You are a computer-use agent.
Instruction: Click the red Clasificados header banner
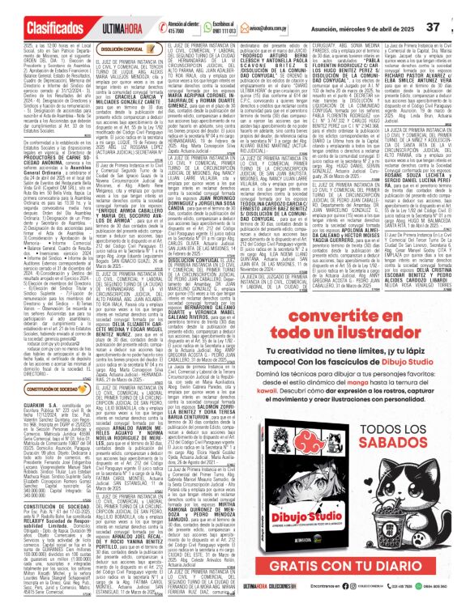pyautogui.click(x=38, y=12)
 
